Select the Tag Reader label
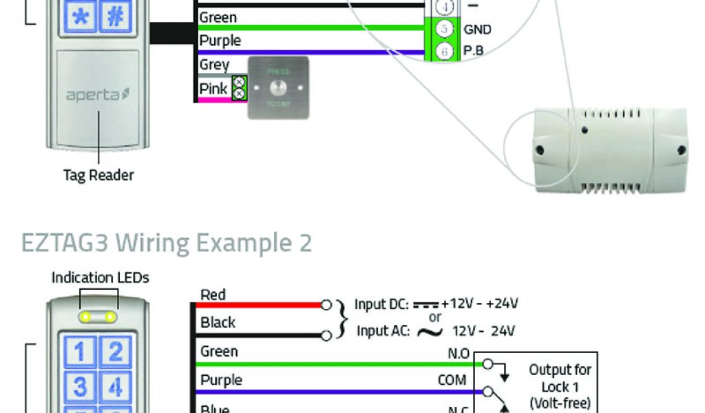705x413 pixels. (x=98, y=175)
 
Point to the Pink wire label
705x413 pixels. (x=213, y=89)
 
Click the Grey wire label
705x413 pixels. (x=214, y=65)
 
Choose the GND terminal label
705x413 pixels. (x=477, y=30)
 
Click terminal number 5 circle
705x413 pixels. (x=445, y=29)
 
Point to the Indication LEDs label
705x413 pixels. (x=101, y=278)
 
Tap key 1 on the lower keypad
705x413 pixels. (x=80, y=352)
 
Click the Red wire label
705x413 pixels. (x=213, y=295)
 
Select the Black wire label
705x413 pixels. (x=218, y=322)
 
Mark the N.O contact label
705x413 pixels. (x=458, y=354)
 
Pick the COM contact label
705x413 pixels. (x=452, y=380)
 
